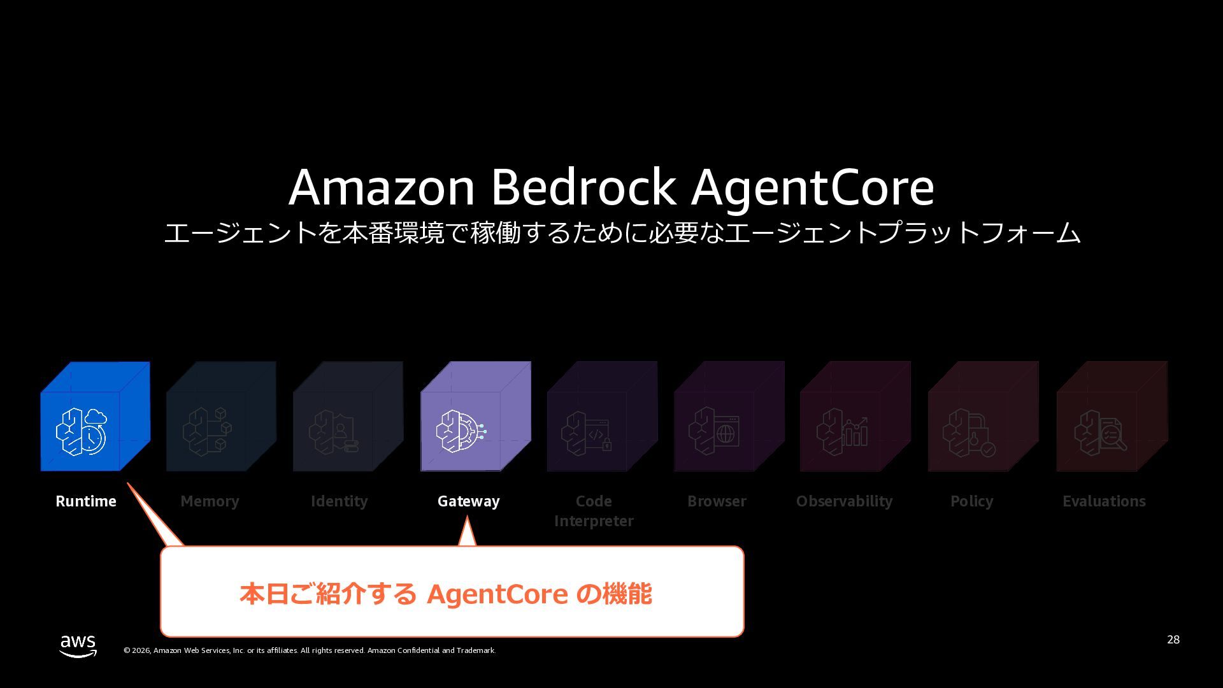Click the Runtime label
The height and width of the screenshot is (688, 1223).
click(x=86, y=501)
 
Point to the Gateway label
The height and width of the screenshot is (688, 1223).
click(x=469, y=501)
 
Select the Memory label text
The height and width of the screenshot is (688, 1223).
click(x=210, y=501)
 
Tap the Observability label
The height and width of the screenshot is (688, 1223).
click(x=844, y=501)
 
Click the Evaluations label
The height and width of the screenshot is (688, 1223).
click(x=1104, y=501)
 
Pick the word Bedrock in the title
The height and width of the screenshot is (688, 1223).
click(x=583, y=187)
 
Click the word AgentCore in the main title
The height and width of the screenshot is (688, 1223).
click(x=813, y=187)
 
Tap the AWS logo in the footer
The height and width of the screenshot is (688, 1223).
click(x=78, y=645)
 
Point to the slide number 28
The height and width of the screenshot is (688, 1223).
click(x=1173, y=640)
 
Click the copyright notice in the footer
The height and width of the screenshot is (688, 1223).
click(x=310, y=650)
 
